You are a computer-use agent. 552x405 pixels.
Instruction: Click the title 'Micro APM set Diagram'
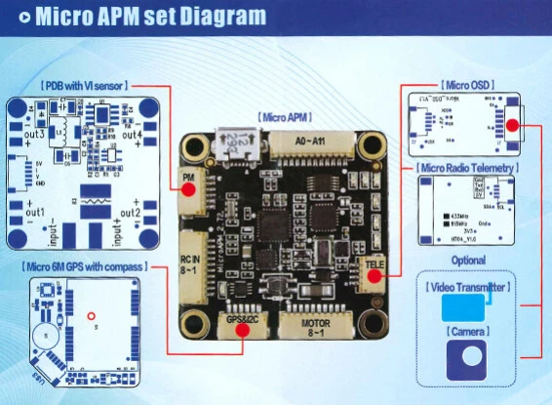(x=147, y=17)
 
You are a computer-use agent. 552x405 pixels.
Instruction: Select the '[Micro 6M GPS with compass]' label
(x=82, y=264)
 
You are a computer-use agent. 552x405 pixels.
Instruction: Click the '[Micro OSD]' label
(x=466, y=86)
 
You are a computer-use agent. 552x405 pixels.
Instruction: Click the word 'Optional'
(x=467, y=261)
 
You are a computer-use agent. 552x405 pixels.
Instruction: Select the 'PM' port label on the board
(x=189, y=177)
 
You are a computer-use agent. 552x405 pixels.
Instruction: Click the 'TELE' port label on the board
(x=375, y=265)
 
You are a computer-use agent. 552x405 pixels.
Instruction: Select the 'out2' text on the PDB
(x=130, y=212)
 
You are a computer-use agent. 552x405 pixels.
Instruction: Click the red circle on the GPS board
(x=89, y=315)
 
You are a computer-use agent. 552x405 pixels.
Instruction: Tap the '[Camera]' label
(x=467, y=333)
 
